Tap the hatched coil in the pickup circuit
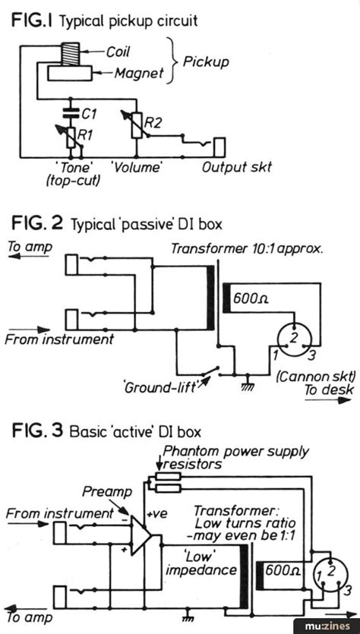pos(71,54)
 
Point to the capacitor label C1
pos(89,113)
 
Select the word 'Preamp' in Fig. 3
pos(100,490)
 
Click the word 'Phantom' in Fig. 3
pos(191,453)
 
